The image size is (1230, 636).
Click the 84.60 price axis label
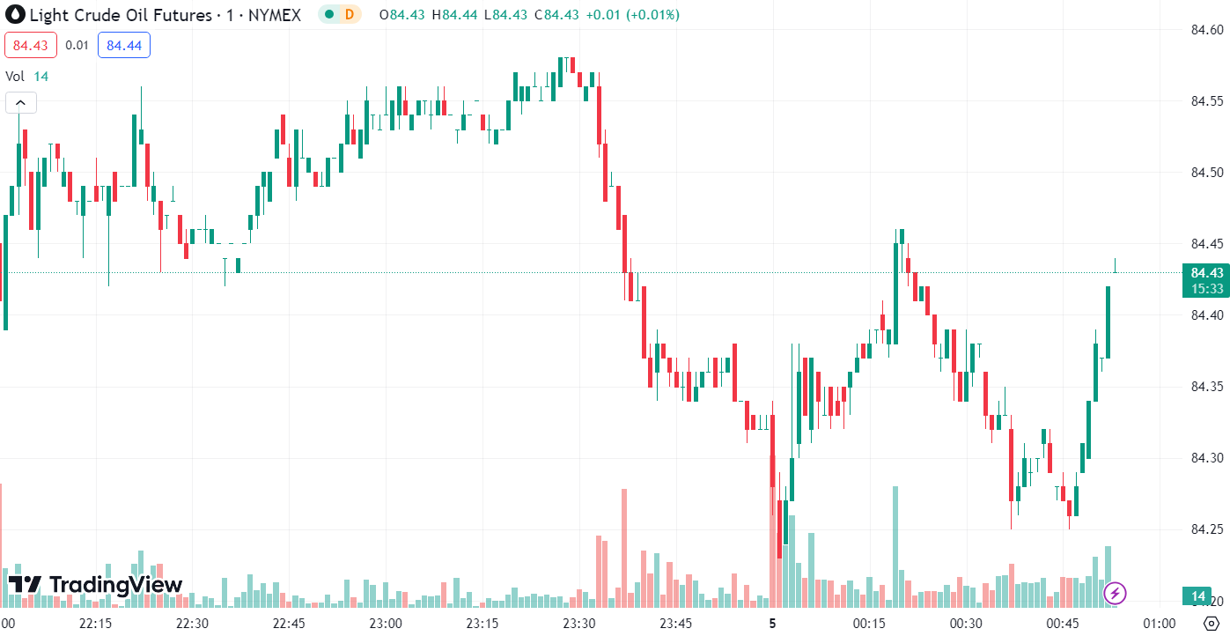(1206, 29)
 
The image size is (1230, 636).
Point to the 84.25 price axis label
(1206, 529)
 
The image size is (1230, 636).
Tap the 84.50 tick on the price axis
(1206, 172)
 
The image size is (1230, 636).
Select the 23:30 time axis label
(578, 623)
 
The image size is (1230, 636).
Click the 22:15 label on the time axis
(94, 623)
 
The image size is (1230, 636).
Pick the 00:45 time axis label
(1063, 623)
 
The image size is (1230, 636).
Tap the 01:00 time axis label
(1160, 623)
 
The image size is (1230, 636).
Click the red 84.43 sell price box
(31, 45)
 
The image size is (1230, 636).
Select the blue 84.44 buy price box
(124, 45)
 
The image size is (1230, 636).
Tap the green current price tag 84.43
(1205, 272)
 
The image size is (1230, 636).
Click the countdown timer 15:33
(1205, 288)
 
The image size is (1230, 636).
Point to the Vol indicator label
(15, 77)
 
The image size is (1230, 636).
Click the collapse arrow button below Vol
(20, 103)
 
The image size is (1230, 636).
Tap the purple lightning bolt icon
(1116, 593)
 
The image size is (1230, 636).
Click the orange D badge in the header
(349, 14)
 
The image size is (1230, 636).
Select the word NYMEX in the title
(274, 15)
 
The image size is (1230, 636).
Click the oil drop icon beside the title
(15, 15)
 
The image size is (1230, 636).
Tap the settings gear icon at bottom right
(1210, 623)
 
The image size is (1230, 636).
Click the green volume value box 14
(1198, 597)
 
